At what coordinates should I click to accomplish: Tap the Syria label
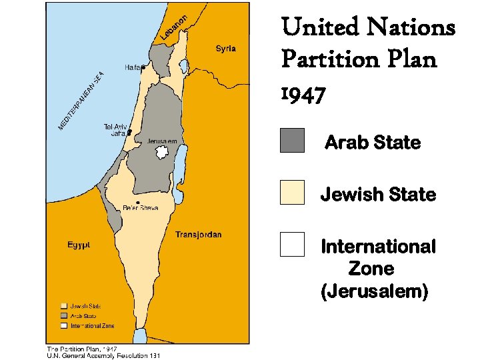(x=225, y=49)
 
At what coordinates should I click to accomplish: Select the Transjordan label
(x=198, y=235)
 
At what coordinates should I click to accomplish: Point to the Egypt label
(x=79, y=245)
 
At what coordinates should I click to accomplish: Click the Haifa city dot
(x=143, y=67)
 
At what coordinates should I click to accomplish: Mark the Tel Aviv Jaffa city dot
(x=129, y=131)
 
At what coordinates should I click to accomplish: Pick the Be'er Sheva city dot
(x=137, y=202)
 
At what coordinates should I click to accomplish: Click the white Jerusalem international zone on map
(x=160, y=153)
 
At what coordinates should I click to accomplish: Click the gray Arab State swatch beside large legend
(x=292, y=141)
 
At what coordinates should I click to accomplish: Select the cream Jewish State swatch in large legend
(x=292, y=192)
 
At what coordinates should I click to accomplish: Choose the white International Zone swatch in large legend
(x=292, y=244)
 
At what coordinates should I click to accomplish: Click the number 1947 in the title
(x=303, y=95)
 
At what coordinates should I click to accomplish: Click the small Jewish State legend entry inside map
(x=80, y=306)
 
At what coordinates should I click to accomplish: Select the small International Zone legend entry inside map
(x=87, y=325)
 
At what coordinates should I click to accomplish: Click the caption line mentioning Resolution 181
(x=103, y=355)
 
